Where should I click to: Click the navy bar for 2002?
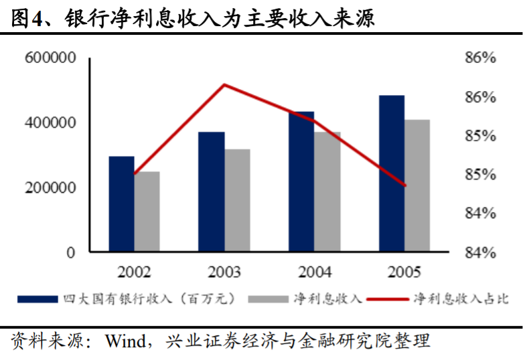click(121, 204)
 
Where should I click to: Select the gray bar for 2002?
click(147, 212)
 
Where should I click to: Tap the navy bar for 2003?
click(212, 192)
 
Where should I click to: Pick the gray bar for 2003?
click(237, 201)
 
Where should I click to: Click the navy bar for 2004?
click(301, 182)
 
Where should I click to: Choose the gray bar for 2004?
click(327, 192)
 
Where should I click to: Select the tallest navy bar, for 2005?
click(392, 174)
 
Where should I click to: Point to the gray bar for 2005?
click(417, 186)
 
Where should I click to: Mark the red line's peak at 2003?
click(224, 84)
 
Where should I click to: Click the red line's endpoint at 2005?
click(405, 185)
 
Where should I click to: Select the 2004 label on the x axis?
click(315, 272)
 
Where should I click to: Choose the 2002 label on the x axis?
click(134, 272)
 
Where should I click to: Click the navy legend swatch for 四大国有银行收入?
click(38, 298)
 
